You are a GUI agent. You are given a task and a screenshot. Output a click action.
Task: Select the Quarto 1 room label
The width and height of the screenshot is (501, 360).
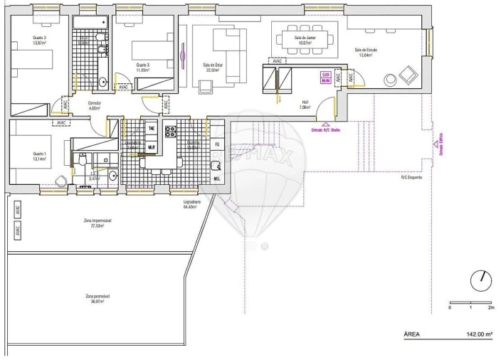[x=39, y=156]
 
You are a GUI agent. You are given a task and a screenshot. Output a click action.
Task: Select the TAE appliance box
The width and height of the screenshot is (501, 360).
[x=152, y=128]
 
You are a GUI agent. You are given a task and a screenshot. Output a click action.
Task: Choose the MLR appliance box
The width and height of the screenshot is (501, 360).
[x=152, y=147]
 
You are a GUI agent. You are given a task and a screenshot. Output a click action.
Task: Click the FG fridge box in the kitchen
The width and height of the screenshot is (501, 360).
[x=217, y=144]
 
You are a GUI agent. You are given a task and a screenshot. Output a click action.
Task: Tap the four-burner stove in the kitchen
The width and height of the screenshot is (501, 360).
[x=171, y=130]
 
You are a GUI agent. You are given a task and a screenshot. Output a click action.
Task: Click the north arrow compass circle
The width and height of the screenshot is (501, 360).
[x=482, y=280]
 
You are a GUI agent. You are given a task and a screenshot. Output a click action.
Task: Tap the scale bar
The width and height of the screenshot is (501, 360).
[x=470, y=303]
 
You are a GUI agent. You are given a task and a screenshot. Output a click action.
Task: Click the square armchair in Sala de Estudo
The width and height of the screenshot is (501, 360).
[x=408, y=73]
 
